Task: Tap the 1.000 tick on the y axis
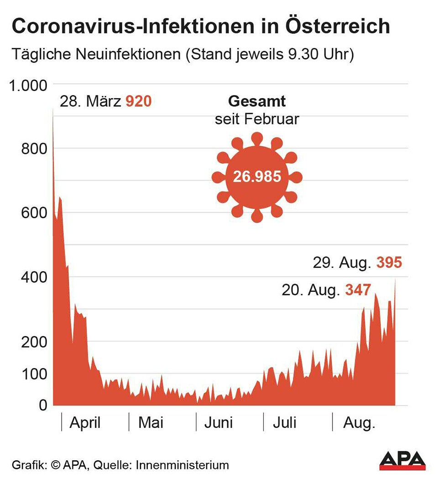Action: pyautogui.click(x=29, y=85)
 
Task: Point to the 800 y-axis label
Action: pyautogui.click(x=34, y=149)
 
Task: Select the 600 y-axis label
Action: pyautogui.click(x=34, y=213)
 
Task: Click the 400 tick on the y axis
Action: pyautogui.click(x=34, y=277)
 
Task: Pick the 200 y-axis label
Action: pyautogui.click(x=34, y=341)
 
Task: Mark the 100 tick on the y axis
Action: pyautogui.click(x=34, y=374)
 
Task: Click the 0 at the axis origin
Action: pyautogui.click(x=43, y=405)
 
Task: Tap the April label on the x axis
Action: pyautogui.click(x=85, y=423)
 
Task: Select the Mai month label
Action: pyautogui.click(x=151, y=423)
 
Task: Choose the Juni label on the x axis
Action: pyautogui.click(x=218, y=423)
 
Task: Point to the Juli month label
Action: pyautogui.click(x=285, y=423)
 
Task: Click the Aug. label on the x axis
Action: pyautogui.click(x=359, y=423)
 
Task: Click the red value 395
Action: pyautogui.click(x=389, y=263)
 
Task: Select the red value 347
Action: pyautogui.click(x=358, y=290)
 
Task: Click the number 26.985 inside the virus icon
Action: pyautogui.click(x=257, y=177)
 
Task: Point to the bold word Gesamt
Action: pyautogui.click(x=257, y=101)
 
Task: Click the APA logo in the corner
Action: pyautogui.click(x=402, y=461)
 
